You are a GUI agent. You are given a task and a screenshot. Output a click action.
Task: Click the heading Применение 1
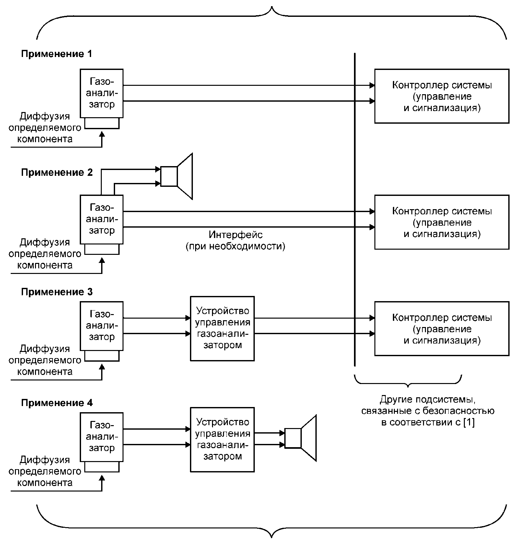(56, 54)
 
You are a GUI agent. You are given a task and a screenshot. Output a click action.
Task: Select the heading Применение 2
(57, 172)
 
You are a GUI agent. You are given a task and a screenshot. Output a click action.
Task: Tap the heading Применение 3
(57, 292)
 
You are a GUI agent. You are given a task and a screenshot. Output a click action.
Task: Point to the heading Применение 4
(57, 403)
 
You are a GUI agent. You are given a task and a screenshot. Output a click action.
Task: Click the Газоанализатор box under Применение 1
(102, 93)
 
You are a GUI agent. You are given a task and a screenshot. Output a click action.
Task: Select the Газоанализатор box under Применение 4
(102, 437)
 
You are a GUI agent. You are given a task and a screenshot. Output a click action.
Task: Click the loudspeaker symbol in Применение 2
(177, 176)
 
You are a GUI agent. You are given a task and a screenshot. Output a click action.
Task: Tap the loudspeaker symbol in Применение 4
(300, 438)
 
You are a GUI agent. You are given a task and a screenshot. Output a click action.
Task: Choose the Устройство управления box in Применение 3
(222, 328)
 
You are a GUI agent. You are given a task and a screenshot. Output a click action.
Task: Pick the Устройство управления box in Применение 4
(222, 439)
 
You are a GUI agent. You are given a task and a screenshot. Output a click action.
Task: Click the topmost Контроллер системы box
(441, 96)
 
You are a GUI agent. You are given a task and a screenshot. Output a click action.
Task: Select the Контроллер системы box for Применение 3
(441, 329)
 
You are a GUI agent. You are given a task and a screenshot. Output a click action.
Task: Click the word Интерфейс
(236, 234)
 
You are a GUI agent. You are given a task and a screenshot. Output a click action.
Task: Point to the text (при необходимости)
(236, 246)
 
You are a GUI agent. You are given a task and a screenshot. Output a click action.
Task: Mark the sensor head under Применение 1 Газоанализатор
(102, 123)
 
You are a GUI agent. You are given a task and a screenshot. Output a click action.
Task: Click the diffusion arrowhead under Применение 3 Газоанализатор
(102, 368)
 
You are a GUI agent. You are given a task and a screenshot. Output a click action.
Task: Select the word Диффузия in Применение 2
(45, 242)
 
